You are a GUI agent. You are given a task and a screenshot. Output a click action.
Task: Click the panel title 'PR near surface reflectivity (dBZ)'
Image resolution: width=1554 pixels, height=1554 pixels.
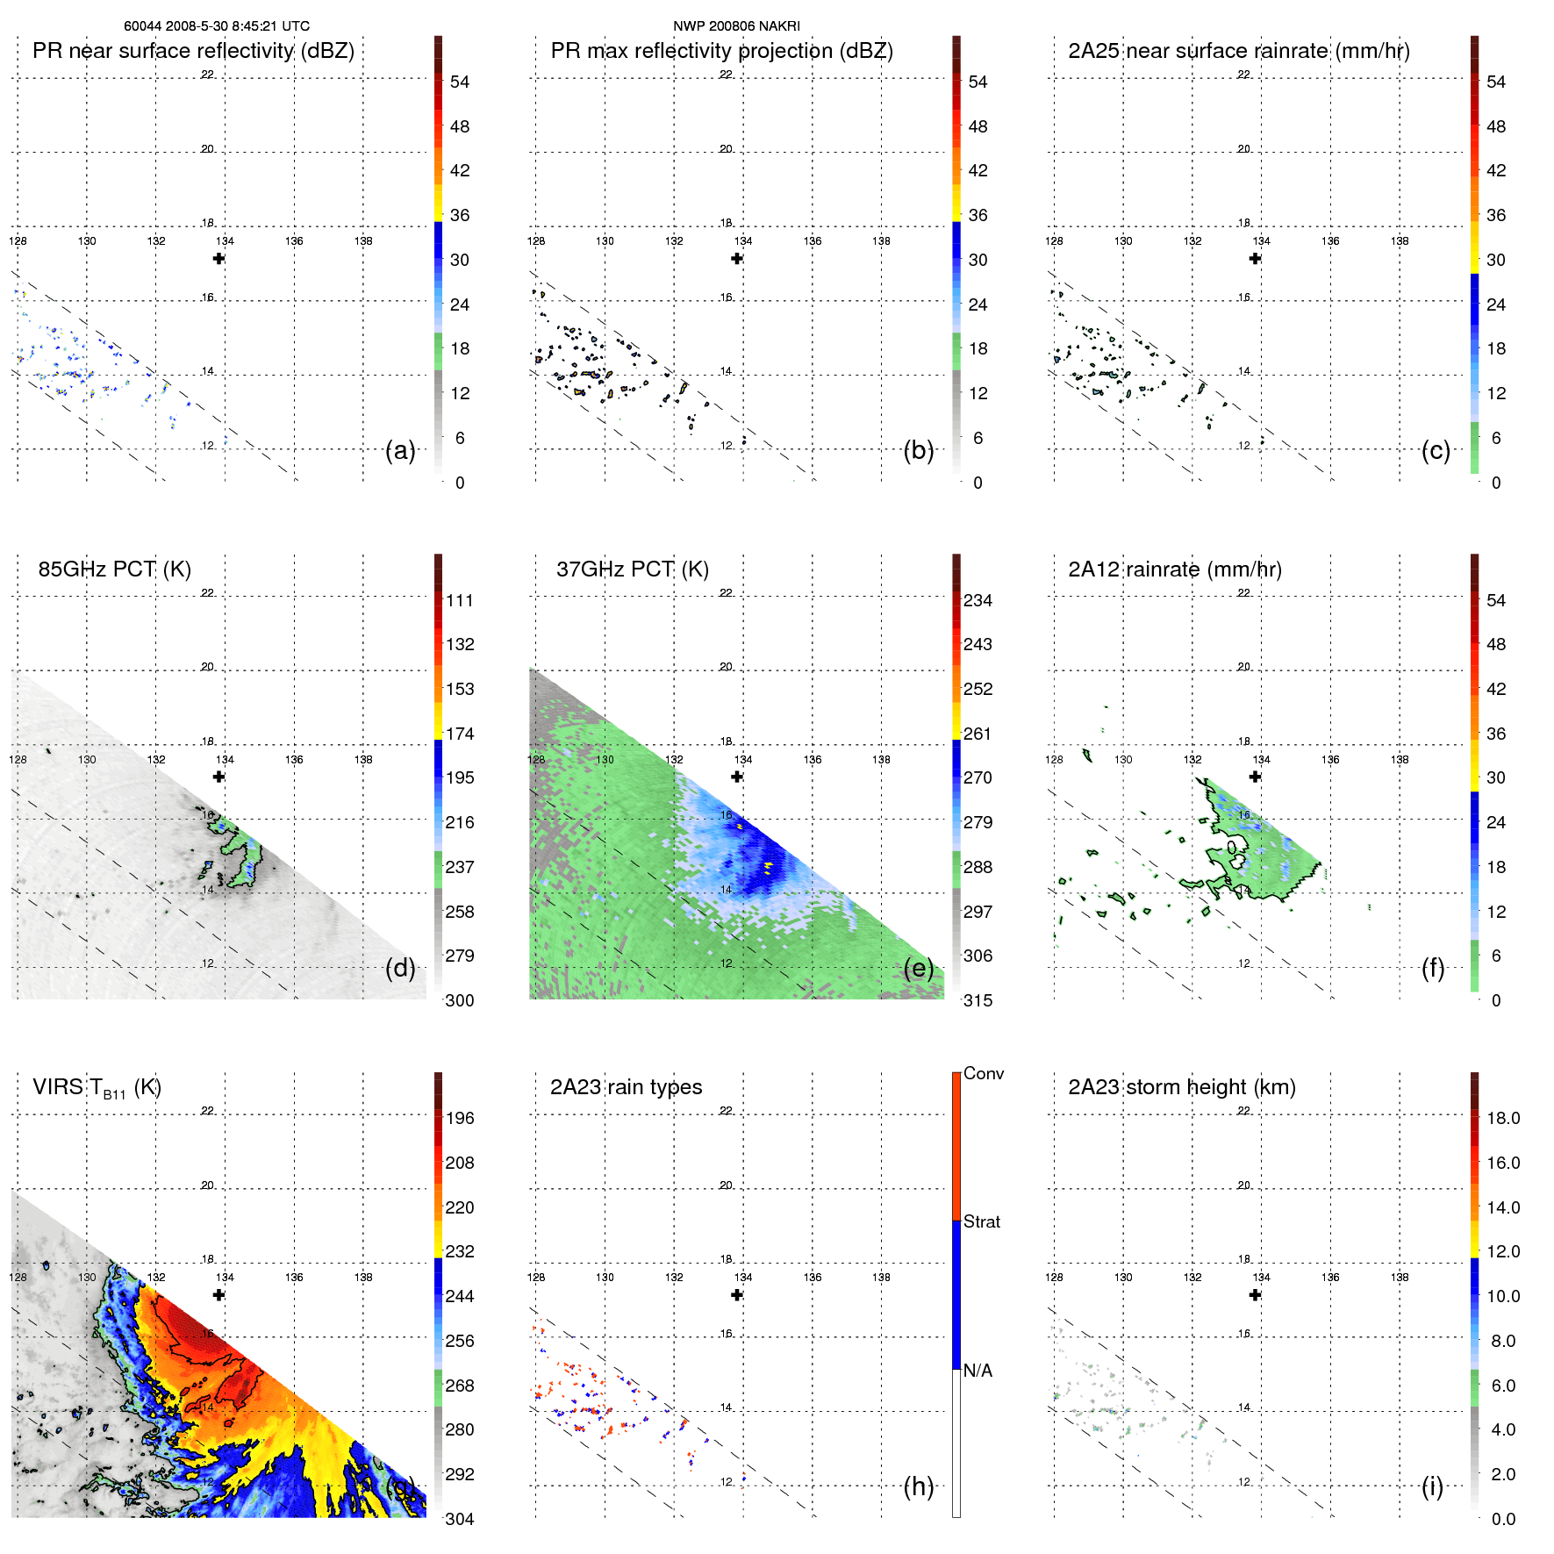pyautogui.click(x=193, y=51)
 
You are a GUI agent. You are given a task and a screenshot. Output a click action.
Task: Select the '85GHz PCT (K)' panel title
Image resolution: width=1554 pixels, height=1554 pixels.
pyautogui.click(x=114, y=569)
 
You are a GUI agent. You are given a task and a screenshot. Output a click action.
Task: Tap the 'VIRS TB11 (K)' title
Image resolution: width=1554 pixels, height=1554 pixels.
pyautogui.click(x=97, y=1088)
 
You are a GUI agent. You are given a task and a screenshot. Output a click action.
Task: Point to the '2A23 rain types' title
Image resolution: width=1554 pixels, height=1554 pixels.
pyautogui.click(x=626, y=1087)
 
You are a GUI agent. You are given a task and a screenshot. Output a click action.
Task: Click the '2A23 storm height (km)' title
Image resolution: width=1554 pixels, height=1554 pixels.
pyautogui.click(x=1181, y=1087)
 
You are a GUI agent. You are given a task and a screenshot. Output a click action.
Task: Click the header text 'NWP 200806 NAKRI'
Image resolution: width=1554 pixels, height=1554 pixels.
pyautogui.click(x=736, y=26)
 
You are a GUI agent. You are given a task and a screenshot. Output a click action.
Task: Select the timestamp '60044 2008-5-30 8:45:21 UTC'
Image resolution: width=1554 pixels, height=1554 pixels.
pyautogui.click(x=216, y=26)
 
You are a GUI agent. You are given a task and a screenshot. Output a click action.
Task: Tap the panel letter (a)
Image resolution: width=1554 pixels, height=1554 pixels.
pyautogui.click(x=400, y=450)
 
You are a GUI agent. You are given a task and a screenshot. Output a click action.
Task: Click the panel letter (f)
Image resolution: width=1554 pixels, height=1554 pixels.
pyautogui.click(x=1433, y=968)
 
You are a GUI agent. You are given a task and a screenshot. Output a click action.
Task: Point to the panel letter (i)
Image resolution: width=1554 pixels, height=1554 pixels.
pyautogui.click(x=1432, y=1486)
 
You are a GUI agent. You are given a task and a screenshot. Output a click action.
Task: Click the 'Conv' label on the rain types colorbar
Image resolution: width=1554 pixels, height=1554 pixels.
pyautogui.click(x=983, y=1073)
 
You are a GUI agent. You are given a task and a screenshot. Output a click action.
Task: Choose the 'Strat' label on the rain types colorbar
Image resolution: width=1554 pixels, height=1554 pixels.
pyautogui.click(x=981, y=1221)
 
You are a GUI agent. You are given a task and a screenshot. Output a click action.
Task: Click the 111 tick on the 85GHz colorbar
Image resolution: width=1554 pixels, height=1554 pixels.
pyautogui.click(x=459, y=600)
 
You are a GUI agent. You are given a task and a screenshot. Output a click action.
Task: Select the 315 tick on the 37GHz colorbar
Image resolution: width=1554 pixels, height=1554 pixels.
pyautogui.click(x=978, y=1000)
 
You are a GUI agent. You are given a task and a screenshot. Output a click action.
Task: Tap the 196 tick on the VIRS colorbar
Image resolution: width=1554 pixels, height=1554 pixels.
pyautogui.click(x=459, y=1118)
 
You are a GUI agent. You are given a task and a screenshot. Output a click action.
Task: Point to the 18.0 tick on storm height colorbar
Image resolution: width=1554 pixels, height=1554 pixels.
pyautogui.click(x=1502, y=1118)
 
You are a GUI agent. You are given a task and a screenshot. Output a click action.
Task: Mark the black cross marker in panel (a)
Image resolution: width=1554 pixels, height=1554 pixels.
pyautogui.click(x=218, y=258)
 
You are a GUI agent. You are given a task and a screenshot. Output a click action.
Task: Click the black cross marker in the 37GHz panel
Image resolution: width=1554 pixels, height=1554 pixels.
pyautogui.click(x=737, y=777)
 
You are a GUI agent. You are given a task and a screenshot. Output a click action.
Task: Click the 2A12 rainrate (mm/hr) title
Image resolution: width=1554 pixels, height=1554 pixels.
pyautogui.click(x=1174, y=569)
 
